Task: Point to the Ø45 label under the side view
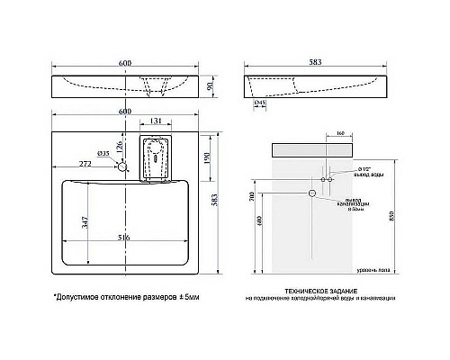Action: pos(260,104)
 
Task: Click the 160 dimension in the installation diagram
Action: pos(339,133)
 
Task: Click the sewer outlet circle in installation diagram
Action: pos(312,193)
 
